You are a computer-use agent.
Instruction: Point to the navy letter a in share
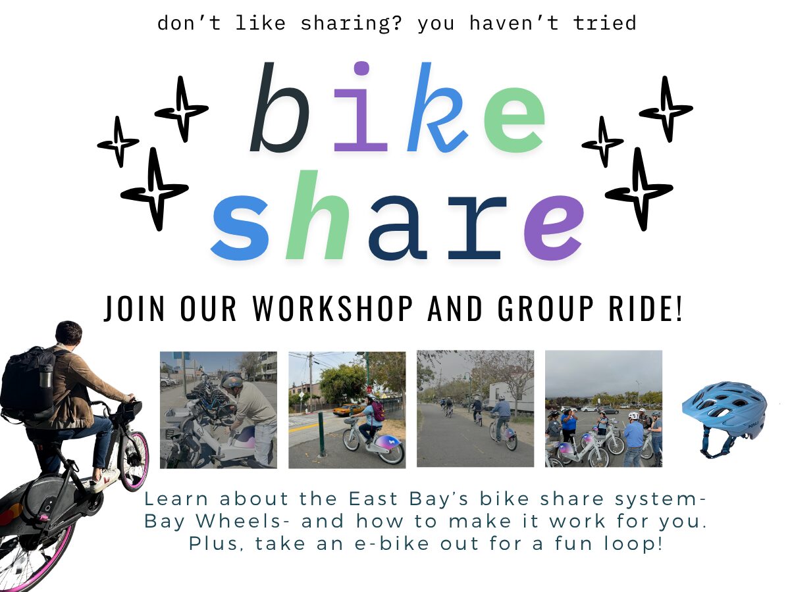pos(398,227)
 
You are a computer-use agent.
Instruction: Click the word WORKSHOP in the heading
pos(333,308)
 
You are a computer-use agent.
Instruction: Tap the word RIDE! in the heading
pos(645,308)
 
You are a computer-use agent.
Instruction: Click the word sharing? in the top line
pos(351,24)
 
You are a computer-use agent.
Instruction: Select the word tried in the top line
pos(604,23)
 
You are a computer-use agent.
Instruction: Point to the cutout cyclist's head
pos(68,335)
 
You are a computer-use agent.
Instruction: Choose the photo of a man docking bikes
pos(219,410)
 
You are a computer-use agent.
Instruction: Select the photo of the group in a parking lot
pos(604,408)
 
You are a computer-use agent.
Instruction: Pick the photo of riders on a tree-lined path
pos(475,408)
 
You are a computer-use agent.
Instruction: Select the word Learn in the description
pos(176,499)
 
